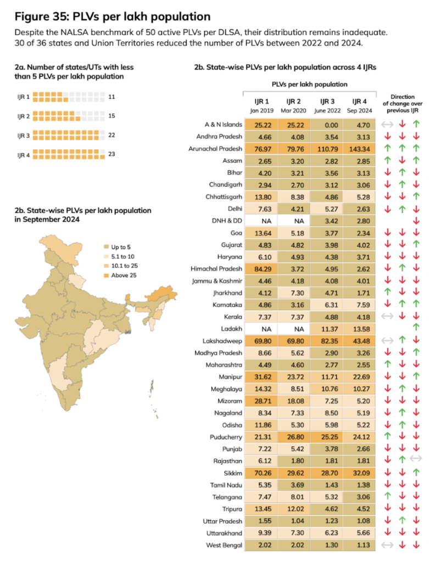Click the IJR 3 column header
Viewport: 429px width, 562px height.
click(x=328, y=101)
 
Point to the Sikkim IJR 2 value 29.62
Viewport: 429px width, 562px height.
click(x=294, y=473)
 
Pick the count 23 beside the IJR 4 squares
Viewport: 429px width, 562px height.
click(x=112, y=154)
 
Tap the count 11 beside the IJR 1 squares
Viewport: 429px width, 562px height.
click(x=112, y=97)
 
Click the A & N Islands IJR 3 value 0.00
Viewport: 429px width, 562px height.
click(x=328, y=125)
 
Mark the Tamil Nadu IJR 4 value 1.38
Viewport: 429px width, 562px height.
click(x=360, y=485)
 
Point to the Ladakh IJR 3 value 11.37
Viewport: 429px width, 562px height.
click(x=328, y=328)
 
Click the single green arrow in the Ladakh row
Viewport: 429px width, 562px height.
click(x=415, y=328)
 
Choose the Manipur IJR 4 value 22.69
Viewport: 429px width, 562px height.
click(x=360, y=376)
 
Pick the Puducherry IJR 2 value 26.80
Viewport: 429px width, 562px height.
click(x=294, y=436)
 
